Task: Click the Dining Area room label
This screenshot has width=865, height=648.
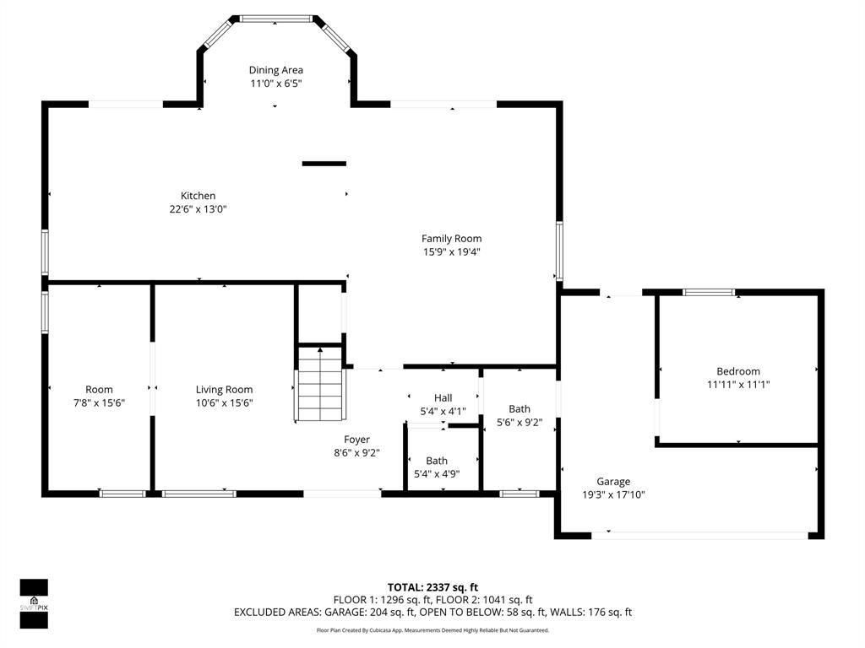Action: (x=275, y=70)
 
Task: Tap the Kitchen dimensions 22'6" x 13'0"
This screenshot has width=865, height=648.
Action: (x=198, y=209)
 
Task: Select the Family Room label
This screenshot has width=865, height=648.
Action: (x=451, y=239)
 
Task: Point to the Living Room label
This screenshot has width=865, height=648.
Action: (x=224, y=390)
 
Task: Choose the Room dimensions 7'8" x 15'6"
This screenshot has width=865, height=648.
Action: (x=99, y=402)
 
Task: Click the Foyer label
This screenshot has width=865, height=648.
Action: (x=356, y=439)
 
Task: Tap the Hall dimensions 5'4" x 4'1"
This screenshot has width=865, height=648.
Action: (x=443, y=411)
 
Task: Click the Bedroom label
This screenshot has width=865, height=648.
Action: (x=738, y=371)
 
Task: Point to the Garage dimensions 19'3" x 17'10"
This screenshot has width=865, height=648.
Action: (x=613, y=495)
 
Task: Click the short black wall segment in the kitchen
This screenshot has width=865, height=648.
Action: (x=324, y=164)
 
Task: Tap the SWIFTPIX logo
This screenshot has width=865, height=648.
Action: (x=34, y=604)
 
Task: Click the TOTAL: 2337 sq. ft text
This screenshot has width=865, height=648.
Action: (x=432, y=587)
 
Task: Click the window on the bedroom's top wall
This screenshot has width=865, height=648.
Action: (x=709, y=293)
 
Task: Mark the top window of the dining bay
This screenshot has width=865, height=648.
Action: (x=276, y=18)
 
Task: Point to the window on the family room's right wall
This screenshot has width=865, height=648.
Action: (x=558, y=251)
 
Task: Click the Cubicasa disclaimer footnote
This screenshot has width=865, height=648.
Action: (x=432, y=630)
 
